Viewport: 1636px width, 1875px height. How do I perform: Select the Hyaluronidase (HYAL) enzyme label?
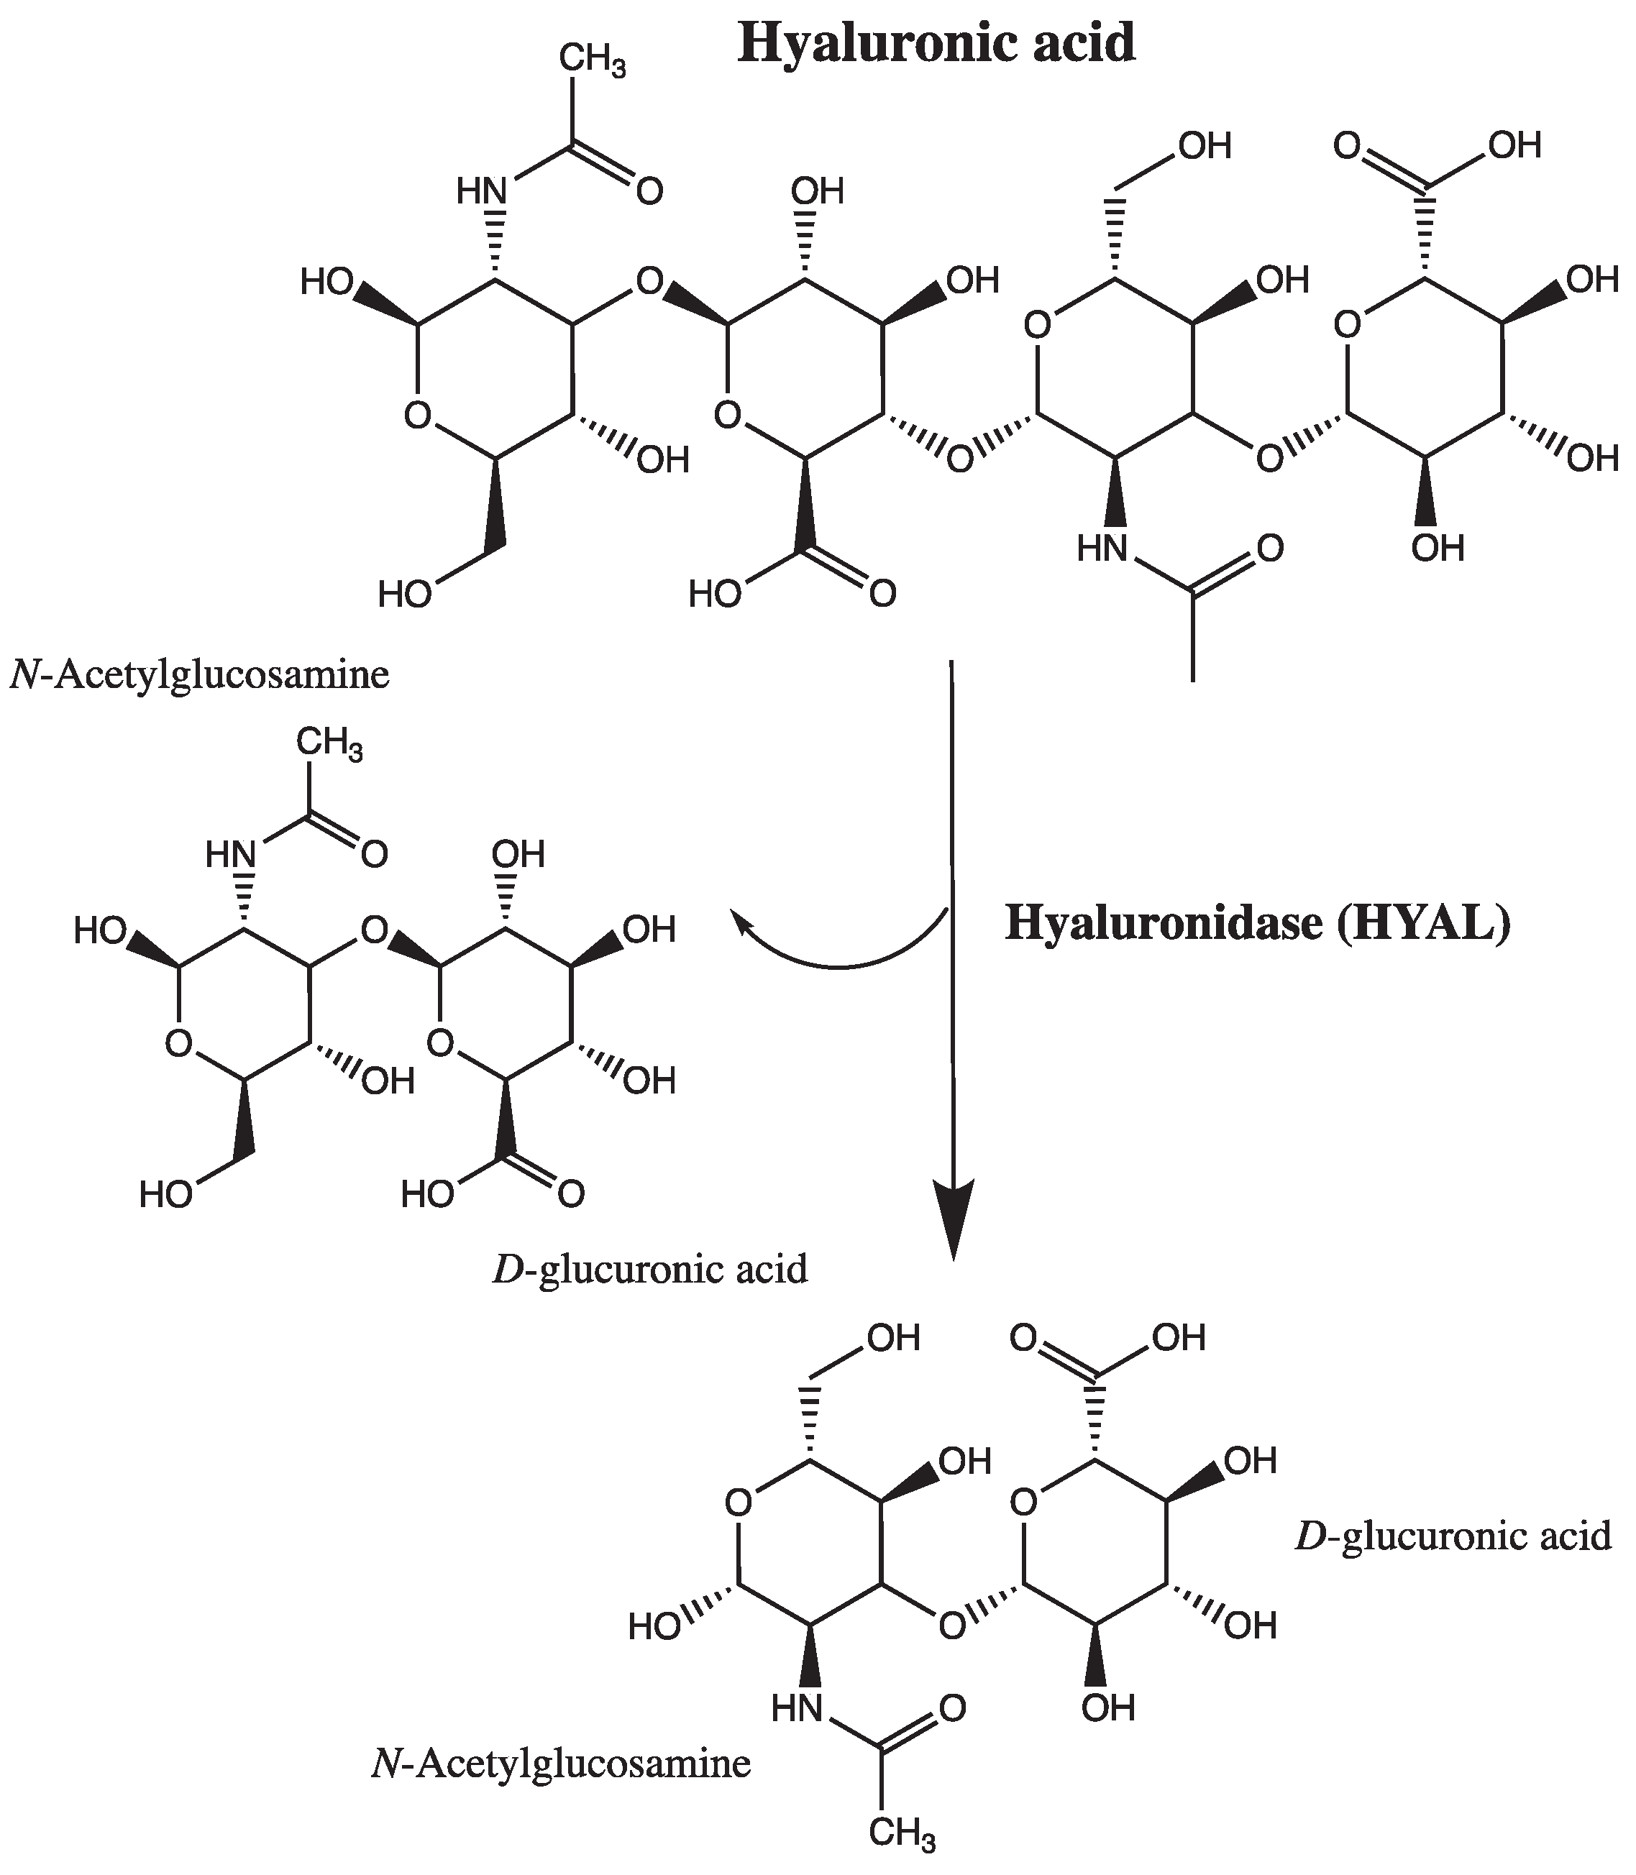click(x=1257, y=923)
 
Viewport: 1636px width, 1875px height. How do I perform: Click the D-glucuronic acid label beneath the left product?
click(x=650, y=1270)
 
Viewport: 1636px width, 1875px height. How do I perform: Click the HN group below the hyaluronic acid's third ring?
click(x=1103, y=549)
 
